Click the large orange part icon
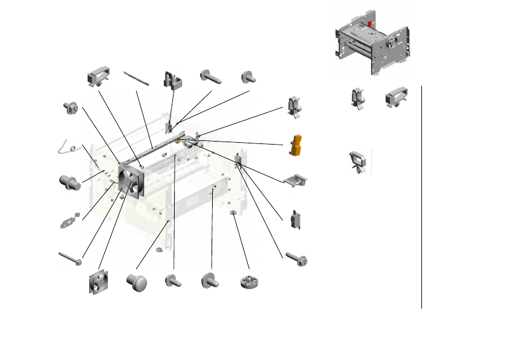point(296,146)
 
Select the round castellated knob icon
point(248,281)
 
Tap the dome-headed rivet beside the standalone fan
point(137,282)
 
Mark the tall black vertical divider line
point(421,197)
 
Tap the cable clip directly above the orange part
point(294,106)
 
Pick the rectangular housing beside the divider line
point(397,96)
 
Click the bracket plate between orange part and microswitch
point(296,180)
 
